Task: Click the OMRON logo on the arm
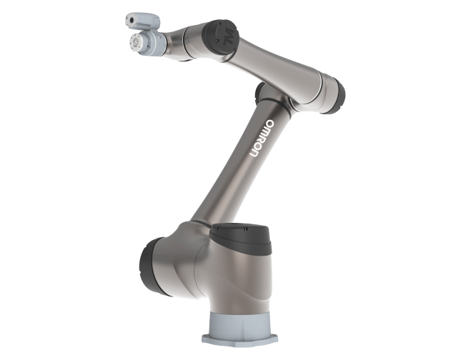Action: pyautogui.click(x=262, y=138)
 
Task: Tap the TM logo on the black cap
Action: pyautogui.click(x=228, y=36)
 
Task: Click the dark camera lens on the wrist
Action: pyautogui.click(x=132, y=20)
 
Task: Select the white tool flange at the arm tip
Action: pyautogui.click(x=136, y=43)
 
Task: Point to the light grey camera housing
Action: pyautogui.click(x=143, y=21)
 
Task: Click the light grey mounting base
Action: pyautogui.click(x=239, y=329)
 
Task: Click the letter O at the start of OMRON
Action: pyautogui.click(x=269, y=124)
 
